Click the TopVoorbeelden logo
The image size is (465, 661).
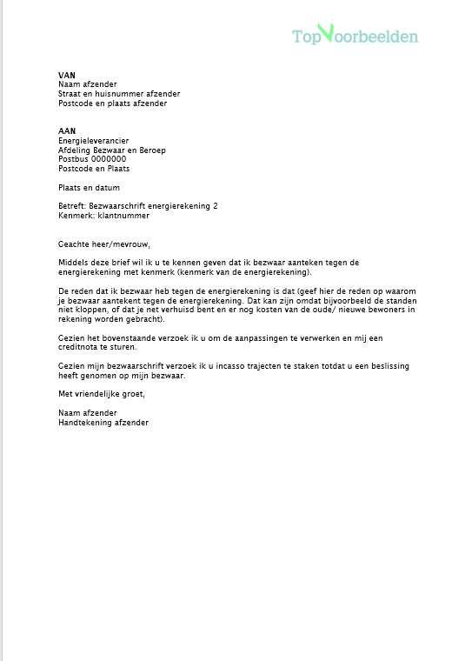pyautogui.click(x=355, y=36)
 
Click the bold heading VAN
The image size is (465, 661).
pyautogui.click(x=66, y=76)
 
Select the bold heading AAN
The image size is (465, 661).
pyautogui.click(x=66, y=131)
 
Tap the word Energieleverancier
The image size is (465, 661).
pyautogui.click(x=94, y=141)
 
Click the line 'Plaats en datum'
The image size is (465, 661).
pyautogui.click(x=89, y=187)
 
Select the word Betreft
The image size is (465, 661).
pyautogui.click(x=71, y=205)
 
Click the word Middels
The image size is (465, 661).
pyautogui.click(x=73, y=262)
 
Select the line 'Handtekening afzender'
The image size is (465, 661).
pyautogui.click(x=103, y=423)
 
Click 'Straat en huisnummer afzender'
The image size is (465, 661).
pyautogui.click(x=119, y=94)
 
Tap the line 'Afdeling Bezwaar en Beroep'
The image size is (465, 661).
pyautogui.click(x=112, y=150)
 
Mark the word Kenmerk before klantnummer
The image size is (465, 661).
pyautogui.click(x=75, y=215)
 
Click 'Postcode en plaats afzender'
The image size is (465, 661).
pyautogui.click(x=112, y=103)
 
